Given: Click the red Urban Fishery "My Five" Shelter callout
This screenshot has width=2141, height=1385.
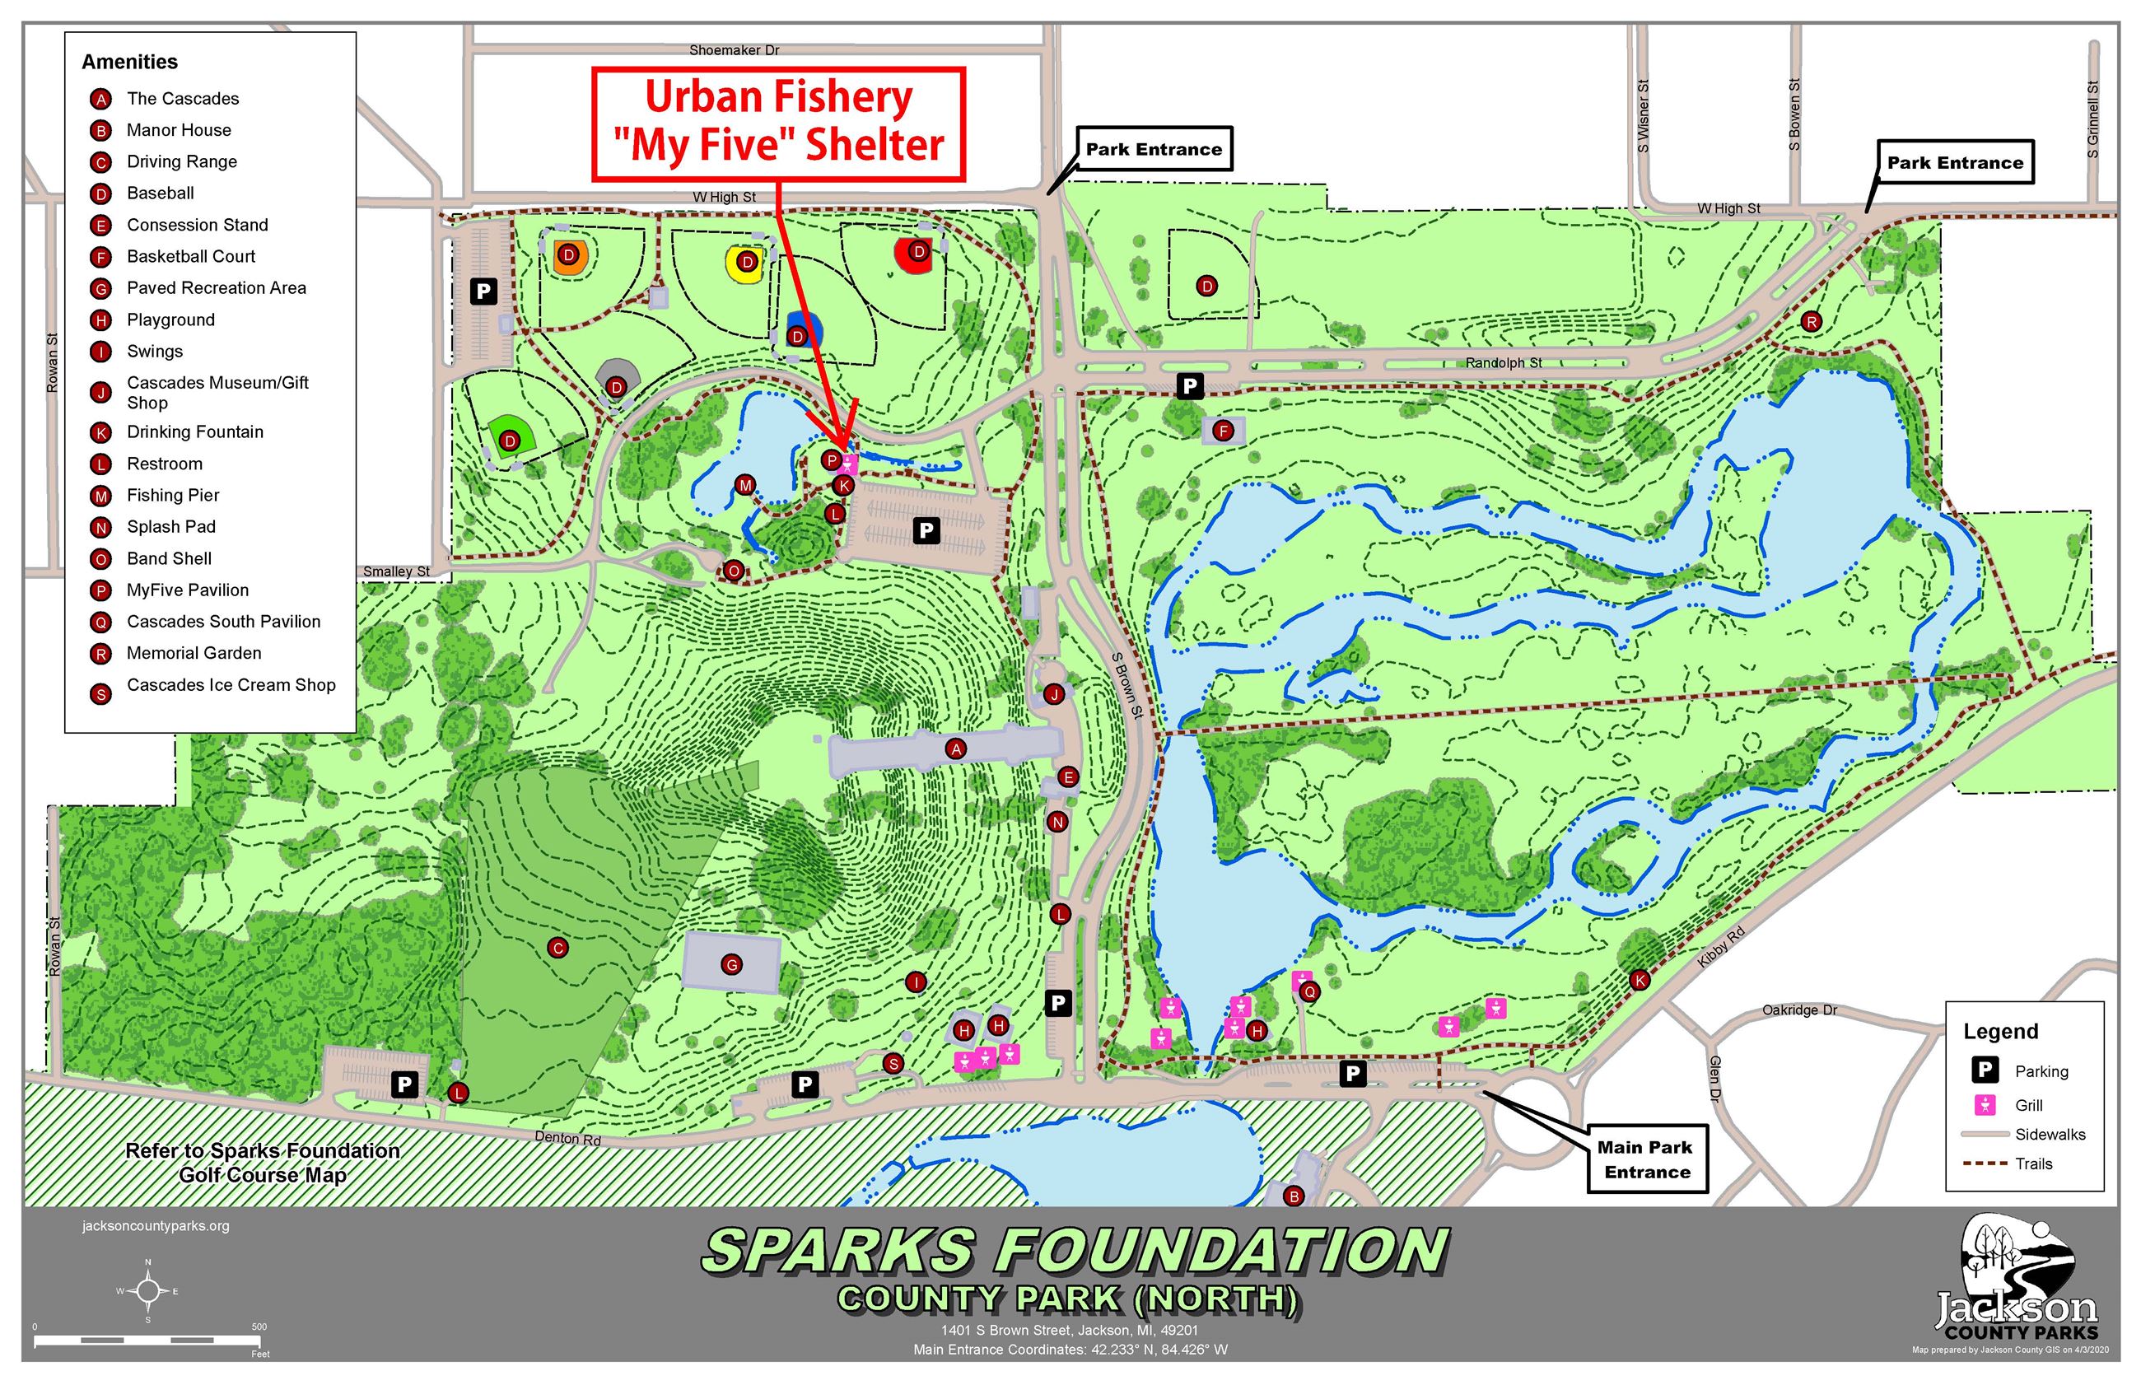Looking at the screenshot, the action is click(x=778, y=124).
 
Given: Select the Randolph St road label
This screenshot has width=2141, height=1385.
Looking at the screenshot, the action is click(x=1503, y=362).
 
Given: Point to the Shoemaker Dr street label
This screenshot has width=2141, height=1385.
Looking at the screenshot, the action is click(x=734, y=50).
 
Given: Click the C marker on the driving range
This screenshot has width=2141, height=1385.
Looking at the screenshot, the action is click(x=557, y=947).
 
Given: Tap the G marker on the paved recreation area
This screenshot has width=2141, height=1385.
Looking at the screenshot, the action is click(x=731, y=965).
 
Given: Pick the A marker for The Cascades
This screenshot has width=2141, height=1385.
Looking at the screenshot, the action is click(x=956, y=748).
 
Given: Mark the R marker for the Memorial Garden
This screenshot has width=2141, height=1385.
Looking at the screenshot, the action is click(x=1811, y=321).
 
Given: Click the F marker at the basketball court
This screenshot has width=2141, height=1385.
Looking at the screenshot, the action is click(x=1222, y=431).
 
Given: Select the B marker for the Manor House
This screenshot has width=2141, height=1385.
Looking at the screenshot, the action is click(x=1293, y=1196).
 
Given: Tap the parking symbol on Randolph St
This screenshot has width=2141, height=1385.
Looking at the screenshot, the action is click(x=1190, y=386).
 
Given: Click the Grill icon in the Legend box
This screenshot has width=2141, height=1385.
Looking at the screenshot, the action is click(x=1985, y=1104).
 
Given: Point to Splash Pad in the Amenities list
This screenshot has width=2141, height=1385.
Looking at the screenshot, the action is click(x=170, y=527).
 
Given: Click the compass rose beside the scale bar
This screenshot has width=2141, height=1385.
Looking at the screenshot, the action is click(x=148, y=1291).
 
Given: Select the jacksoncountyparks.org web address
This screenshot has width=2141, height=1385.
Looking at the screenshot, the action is click(x=156, y=1225).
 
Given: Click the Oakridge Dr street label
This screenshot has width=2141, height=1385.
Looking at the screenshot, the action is click(x=1799, y=1010).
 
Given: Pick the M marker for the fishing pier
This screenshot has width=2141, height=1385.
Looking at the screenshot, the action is click(x=744, y=485).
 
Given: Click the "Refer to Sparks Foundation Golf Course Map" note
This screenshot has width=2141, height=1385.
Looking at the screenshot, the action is click(x=263, y=1163).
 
